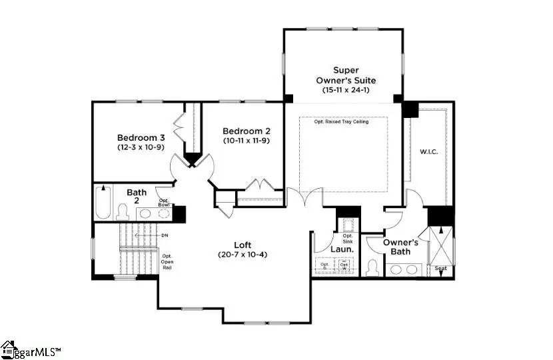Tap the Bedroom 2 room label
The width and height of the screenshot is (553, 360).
pyautogui.click(x=246, y=131)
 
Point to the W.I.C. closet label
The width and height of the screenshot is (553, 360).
pyautogui.click(x=428, y=151)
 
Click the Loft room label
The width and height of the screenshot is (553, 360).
pyautogui.click(x=243, y=244)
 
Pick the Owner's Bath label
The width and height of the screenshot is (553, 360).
pyautogui.click(x=400, y=247)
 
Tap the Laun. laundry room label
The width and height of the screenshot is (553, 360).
pyautogui.click(x=342, y=250)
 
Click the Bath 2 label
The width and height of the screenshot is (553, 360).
pyautogui.click(x=137, y=197)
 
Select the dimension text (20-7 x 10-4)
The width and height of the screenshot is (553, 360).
pyautogui.click(x=243, y=255)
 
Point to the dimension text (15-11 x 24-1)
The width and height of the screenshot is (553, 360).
pyautogui.click(x=346, y=89)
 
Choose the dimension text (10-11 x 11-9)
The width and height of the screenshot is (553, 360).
pyautogui.click(x=246, y=141)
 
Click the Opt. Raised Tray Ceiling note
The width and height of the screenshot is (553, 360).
pyautogui.click(x=343, y=121)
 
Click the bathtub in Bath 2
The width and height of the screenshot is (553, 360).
pyautogui.click(x=103, y=203)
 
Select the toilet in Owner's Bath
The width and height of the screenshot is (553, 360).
pyautogui.click(x=372, y=267)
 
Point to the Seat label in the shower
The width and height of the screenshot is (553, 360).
pyautogui.click(x=440, y=269)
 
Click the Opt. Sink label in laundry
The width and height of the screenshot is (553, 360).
pyautogui.click(x=347, y=239)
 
